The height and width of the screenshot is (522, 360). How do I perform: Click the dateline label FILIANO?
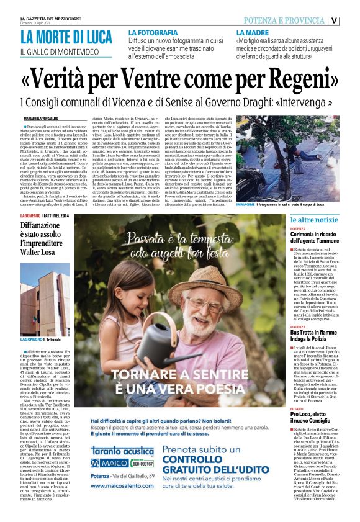(x=298, y=408)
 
